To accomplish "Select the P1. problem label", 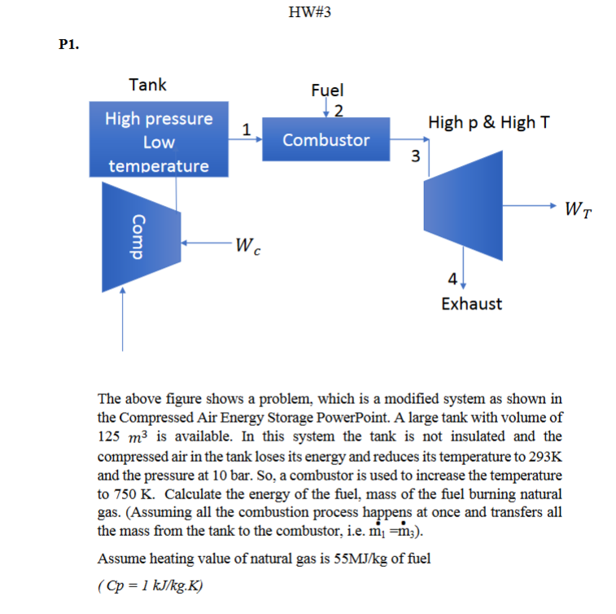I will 69,46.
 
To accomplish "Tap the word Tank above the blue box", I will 147,84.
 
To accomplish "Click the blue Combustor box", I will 325,140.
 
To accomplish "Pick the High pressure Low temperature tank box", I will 159,141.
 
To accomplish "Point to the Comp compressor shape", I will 140,237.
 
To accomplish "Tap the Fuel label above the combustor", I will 327,90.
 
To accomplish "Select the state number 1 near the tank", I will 245,127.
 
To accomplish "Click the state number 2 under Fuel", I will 339,110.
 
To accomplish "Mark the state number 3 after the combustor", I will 415,156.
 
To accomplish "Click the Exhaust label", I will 471,304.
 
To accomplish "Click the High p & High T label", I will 488,122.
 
